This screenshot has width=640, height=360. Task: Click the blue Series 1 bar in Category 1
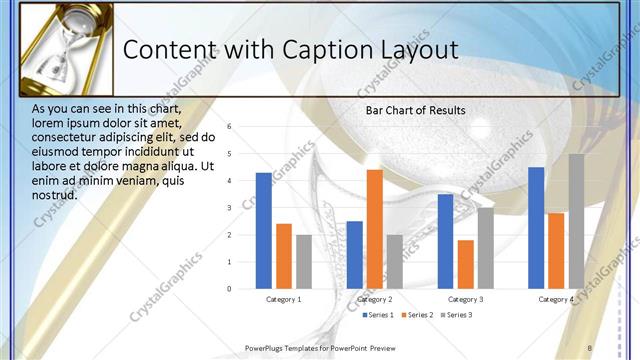click(x=263, y=230)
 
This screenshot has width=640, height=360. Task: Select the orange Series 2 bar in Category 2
click(x=374, y=229)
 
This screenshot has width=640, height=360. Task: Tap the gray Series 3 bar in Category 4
click(x=576, y=221)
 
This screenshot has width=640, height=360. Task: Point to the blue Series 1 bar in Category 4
click(x=536, y=228)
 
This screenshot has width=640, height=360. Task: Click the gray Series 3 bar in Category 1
click(x=303, y=261)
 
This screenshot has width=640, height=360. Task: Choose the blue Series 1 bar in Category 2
click(x=354, y=254)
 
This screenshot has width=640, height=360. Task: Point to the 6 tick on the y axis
click(x=230, y=127)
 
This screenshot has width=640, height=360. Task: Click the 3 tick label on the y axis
click(x=230, y=208)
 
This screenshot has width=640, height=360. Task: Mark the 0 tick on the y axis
click(x=230, y=289)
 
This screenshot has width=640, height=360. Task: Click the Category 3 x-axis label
click(x=465, y=299)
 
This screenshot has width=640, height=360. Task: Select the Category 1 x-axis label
click(x=283, y=299)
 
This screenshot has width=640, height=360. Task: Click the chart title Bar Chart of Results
click(x=415, y=110)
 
